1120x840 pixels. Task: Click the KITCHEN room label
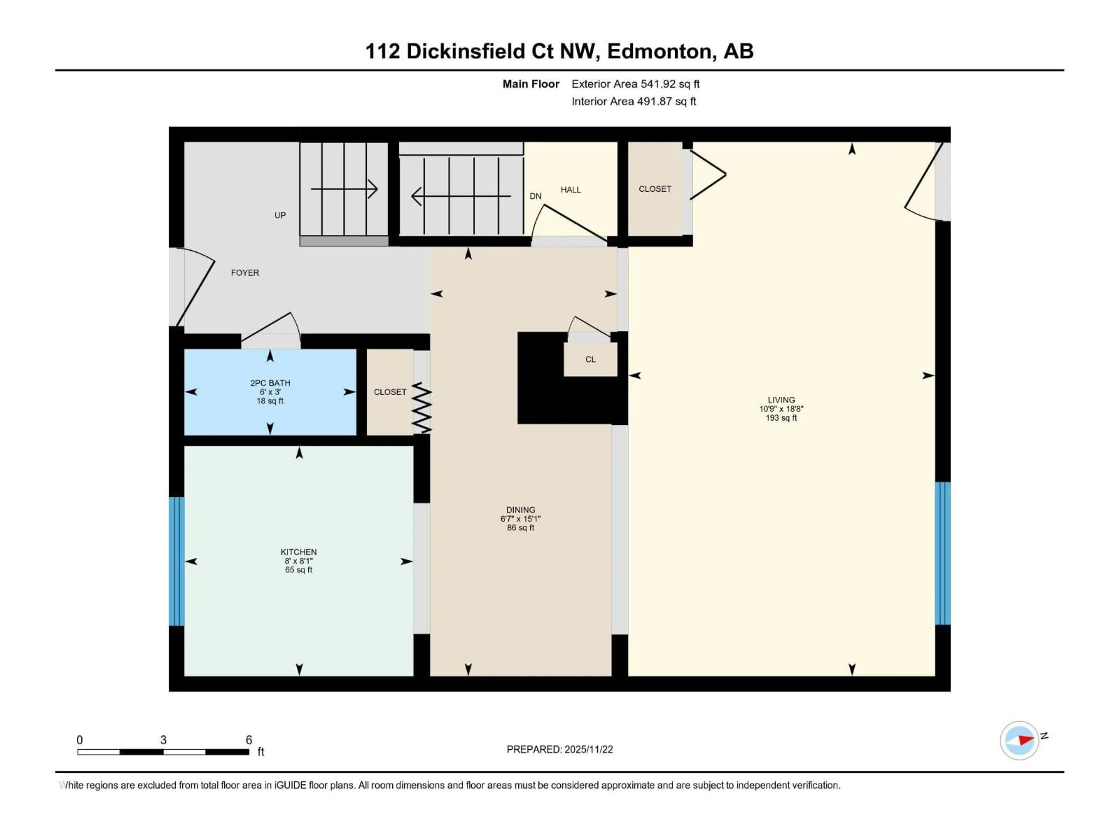pos(299,552)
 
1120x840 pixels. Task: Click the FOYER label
pos(245,273)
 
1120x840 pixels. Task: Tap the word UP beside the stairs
pos(280,215)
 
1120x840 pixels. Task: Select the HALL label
pos(570,190)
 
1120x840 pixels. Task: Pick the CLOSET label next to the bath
pos(390,392)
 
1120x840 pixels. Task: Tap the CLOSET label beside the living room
pos(655,189)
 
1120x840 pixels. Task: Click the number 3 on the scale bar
pos(163,740)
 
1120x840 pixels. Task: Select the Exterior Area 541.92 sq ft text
pos(636,84)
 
